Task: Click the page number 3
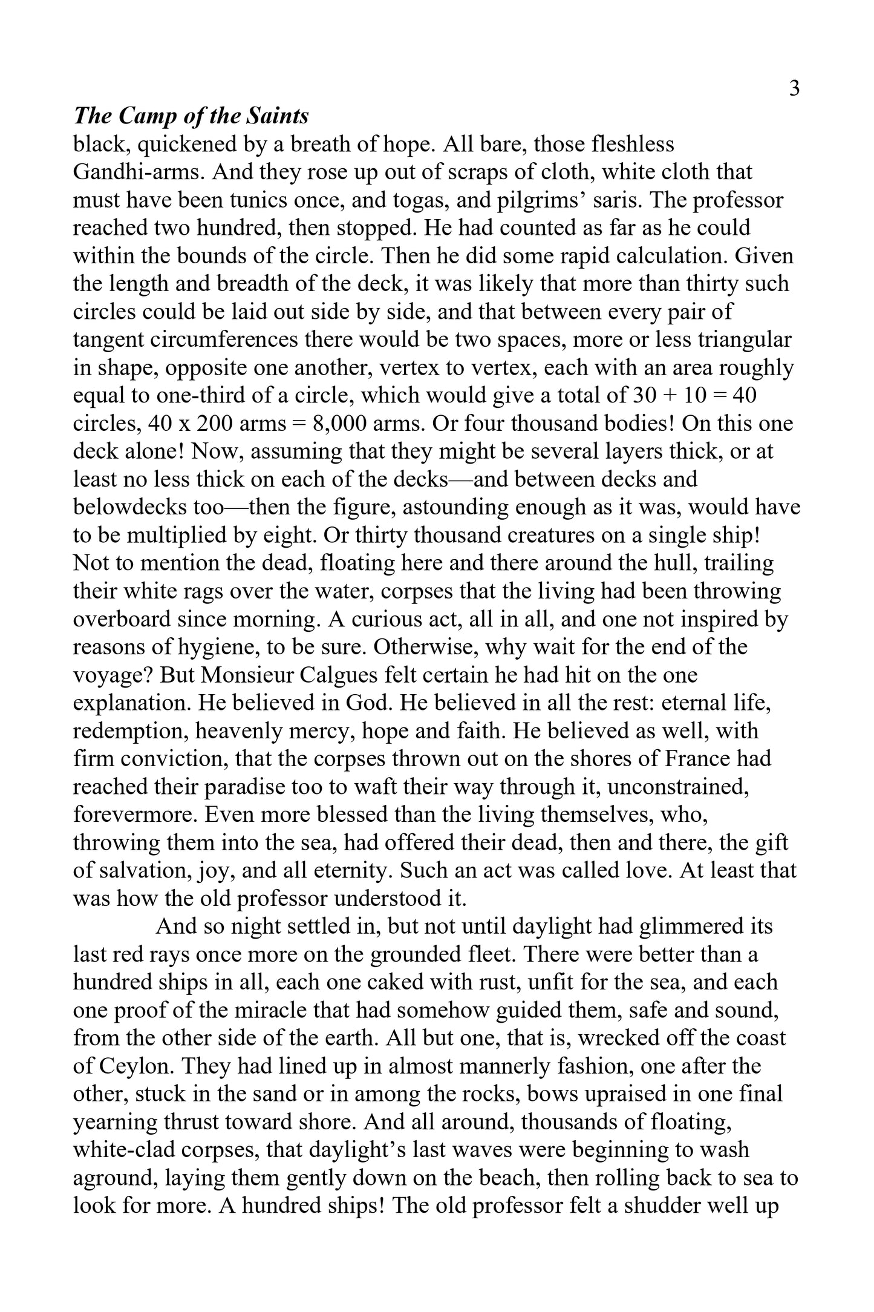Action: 794,89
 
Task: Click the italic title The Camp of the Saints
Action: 191,116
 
